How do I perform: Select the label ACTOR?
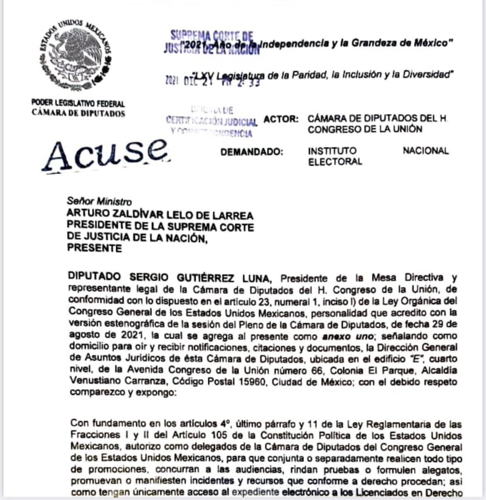coord(281,119)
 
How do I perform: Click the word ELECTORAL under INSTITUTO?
coord(335,162)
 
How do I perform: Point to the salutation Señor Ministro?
coord(99,202)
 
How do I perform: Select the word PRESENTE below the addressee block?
coord(95,249)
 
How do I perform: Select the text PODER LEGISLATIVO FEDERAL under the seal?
coord(78,103)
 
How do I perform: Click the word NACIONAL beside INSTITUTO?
coord(425,150)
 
